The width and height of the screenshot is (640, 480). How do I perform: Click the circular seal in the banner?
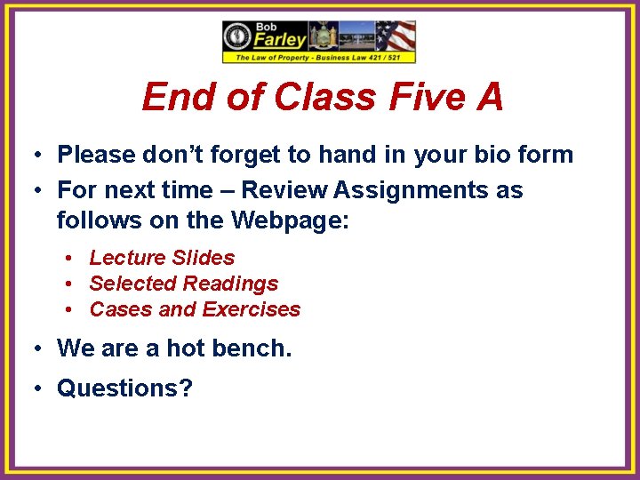coord(238,37)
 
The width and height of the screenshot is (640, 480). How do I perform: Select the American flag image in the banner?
coord(396,36)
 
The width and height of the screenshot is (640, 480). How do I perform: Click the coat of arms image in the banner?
coord(321,36)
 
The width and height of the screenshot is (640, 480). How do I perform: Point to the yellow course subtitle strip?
coord(319,58)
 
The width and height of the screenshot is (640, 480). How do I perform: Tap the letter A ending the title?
coord(490,97)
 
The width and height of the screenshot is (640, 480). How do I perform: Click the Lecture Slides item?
coord(162,258)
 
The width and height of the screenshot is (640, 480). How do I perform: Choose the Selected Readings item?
coord(183,284)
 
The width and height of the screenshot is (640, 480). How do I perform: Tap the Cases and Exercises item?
coord(195,309)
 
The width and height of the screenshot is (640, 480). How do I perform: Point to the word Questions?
coord(124,388)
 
